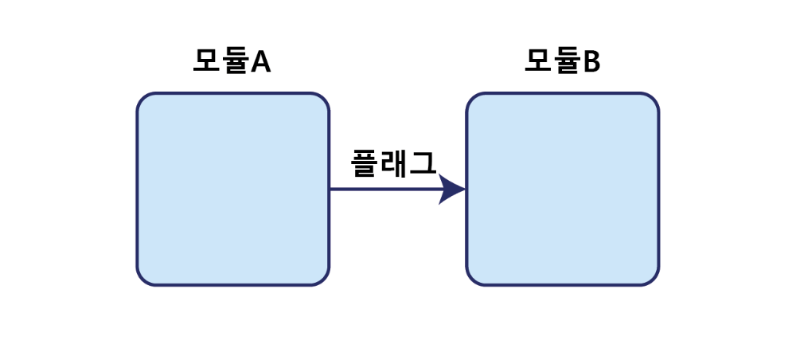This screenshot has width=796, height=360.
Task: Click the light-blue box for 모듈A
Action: (x=232, y=189)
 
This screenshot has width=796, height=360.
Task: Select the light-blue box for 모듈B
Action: (x=562, y=189)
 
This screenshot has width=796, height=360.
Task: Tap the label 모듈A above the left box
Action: (x=232, y=61)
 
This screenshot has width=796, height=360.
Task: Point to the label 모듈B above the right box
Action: (x=562, y=61)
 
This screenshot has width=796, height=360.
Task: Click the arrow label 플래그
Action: (x=393, y=163)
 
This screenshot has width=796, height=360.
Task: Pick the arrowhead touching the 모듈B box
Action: (x=452, y=190)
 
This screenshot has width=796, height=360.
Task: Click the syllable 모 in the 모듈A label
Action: (x=206, y=61)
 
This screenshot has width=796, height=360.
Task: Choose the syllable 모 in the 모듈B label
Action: (x=537, y=61)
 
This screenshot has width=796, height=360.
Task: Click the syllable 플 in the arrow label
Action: (x=365, y=163)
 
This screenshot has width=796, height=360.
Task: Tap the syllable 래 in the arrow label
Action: (x=394, y=163)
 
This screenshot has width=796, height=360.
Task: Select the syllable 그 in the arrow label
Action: (x=423, y=163)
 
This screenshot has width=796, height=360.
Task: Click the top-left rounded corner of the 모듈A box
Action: (x=143, y=100)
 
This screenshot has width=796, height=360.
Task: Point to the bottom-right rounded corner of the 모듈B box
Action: (x=652, y=278)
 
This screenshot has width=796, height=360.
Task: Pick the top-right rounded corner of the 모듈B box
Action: (x=652, y=100)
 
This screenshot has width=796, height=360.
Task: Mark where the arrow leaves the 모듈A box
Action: (x=330, y=190)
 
